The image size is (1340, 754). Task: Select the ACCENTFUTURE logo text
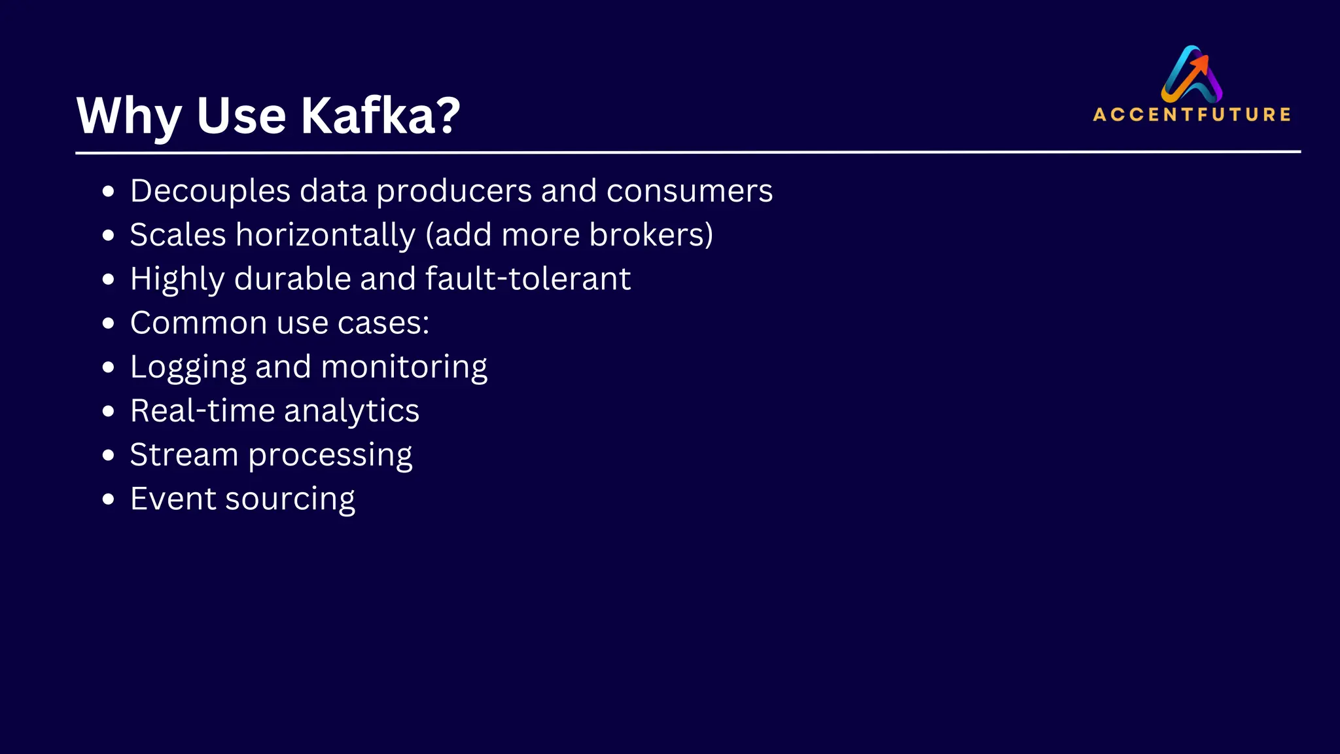1191,115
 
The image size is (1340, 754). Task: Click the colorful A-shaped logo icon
1191,74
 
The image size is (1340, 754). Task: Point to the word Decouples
210,192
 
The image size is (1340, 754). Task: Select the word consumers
690,192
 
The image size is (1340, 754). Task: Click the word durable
292,279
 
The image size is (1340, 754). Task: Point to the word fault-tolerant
528,279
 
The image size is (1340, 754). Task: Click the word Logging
188,368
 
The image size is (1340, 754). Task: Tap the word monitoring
404,368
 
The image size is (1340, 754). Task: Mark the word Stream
184,455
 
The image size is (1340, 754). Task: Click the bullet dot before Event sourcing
109,499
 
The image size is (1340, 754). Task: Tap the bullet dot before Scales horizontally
109,235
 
